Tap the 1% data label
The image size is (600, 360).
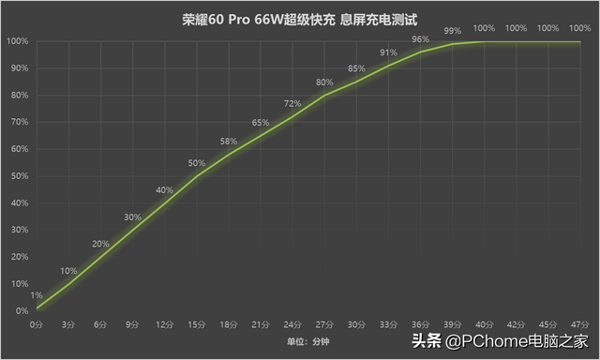click(x=37, y=295)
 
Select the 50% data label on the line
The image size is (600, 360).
click(x=196, y=163)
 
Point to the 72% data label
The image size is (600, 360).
click(x=292, y=104)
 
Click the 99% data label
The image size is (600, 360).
click(x=453, y=31)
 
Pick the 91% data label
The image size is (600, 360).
click(x=388, y=52)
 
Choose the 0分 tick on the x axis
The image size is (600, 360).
click(x=37, y=323)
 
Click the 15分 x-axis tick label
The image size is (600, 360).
click(x=196, y=323)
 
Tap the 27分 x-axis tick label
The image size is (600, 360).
click(x=324, y=323)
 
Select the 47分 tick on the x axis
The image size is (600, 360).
click(x=580, y=323)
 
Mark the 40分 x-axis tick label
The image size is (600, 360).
click(x=485, y=323)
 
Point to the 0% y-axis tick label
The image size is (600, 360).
click(x=20, y=310)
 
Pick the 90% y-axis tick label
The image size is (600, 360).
click(x=17, y=68)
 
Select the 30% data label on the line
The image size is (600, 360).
click(x=132, y=217)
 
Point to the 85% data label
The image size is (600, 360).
click(x=356, y=68)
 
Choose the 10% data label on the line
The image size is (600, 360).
click(x=68, y=271)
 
